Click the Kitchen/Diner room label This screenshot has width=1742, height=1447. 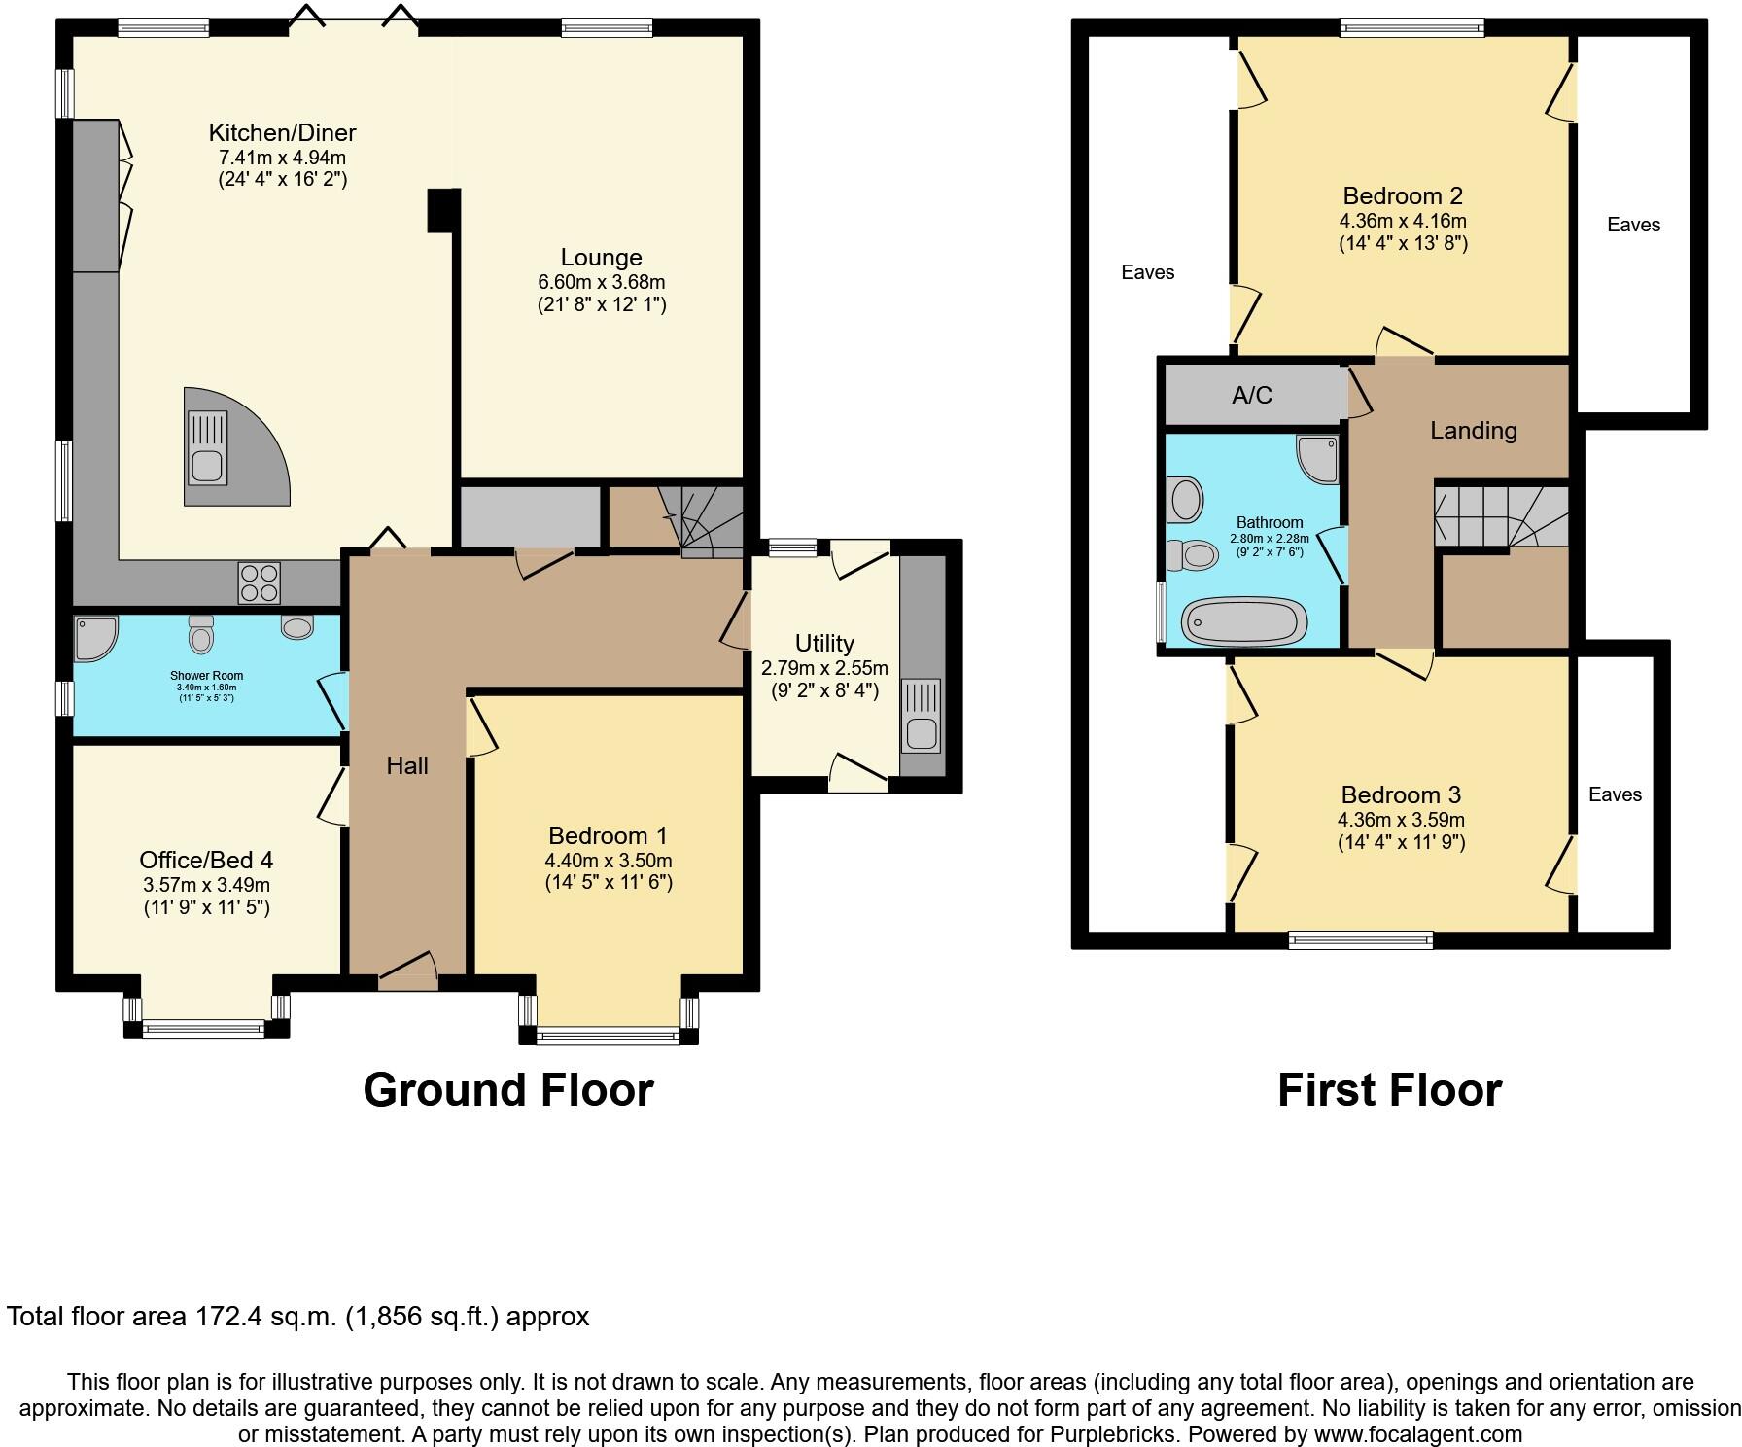pyautogui.click(x=282, y=132)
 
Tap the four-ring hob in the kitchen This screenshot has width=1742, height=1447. pyautogui.click(x=260, y=582)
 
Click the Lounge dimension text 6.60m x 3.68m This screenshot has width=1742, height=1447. pyautogui.click(x=601, y=282)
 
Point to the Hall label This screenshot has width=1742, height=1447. pyautogui.click(x=407, y=765)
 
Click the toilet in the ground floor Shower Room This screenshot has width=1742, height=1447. pyautogui.click(x=201, y=634)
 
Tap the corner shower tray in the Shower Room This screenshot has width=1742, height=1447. pyautogui.click(x=94, y=637)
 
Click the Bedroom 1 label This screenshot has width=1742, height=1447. pyautogui.click(x=608, y=835)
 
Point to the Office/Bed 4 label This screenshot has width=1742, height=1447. pyautogui.click(x=206, y=860)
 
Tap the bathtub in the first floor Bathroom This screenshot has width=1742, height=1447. pyautogui.click(x=1243, y=620)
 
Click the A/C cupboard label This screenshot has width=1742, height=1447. pyautogui.click(x=1251, y=395)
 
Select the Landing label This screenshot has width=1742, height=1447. pyautogui.click(x=1473, y=430)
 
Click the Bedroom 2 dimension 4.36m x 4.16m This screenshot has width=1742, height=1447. pyautogui.click(x=1402, y=221)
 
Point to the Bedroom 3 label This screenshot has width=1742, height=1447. pyautogui.click(x=1401, y=794)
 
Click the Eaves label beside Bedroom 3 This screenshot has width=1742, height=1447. pyautogui.click(x=1615, y=794)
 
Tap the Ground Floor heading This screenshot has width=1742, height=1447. pyautogui.click(x=507, y=1090)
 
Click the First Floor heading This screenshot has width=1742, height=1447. pyautogui.click(x=1388, y=1090)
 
